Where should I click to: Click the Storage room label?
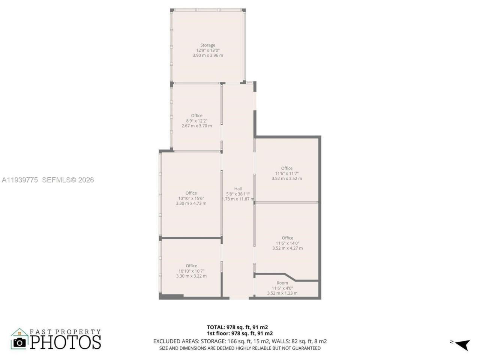[207, 45]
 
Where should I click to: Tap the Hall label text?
[238, 189]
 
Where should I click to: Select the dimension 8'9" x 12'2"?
[196, 121]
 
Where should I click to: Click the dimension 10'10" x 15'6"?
[191, 198]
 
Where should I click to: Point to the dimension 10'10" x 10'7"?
[191, 271]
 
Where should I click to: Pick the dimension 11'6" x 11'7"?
[286, 173]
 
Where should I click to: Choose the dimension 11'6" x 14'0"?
[287, 243]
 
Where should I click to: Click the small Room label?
[282, 283]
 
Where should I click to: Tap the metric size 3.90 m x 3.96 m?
[208, 55]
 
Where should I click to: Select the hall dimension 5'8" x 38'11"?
[238, 194]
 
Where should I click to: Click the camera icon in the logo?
[19, 342]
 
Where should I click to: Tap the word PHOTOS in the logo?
[66, 342]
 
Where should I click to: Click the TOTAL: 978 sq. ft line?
[237, 327]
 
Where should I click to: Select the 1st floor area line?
[240, 333]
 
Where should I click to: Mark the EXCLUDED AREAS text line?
[240, 341]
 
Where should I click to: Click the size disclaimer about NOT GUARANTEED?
[240, 348]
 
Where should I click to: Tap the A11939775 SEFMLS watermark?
[48, 180]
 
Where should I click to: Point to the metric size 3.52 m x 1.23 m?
[282, 293]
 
